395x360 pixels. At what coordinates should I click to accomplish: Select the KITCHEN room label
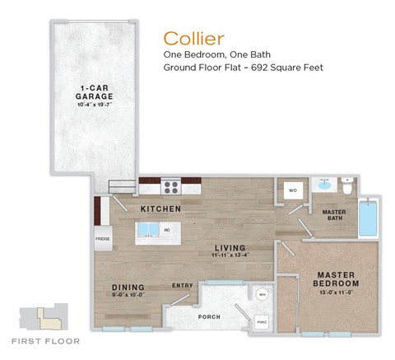point(160,209)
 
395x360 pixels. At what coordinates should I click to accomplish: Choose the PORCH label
point(207,316)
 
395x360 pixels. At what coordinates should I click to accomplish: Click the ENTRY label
point(182,286)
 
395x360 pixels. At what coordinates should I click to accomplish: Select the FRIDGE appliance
point(103,240)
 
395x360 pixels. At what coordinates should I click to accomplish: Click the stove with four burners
point(171,187)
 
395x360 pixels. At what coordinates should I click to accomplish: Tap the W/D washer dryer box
point(291,191)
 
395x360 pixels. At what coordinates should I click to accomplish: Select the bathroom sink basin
point(323,185)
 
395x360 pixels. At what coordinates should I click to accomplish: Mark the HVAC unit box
point(263,322)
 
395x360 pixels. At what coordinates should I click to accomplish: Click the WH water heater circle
point(263,293)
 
